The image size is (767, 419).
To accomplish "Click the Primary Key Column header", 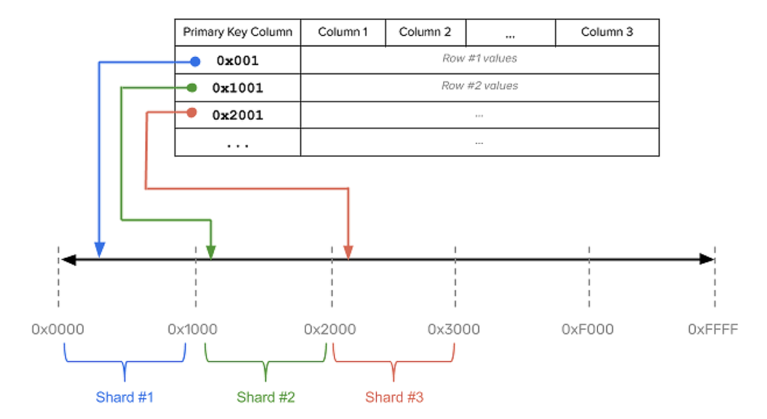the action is click(x=237, y=32).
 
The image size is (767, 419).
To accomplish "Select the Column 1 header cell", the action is click(x=342, y=32).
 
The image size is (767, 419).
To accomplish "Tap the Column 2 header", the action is click(x=425, y=32).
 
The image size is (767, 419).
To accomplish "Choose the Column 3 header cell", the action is click(x=607, y=32).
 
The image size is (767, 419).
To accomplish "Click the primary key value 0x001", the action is click(x=237, y=61).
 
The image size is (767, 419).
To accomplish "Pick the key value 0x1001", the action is click(x=237, y=88).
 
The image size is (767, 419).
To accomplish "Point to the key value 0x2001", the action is click(x=237, y=115).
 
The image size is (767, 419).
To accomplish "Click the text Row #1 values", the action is click(x=479, y=58).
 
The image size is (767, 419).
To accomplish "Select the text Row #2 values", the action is click(x=479, y=85).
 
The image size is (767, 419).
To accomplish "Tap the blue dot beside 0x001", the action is click(x=195, y=61).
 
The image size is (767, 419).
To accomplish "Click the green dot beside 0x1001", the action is click(x=192, y=88).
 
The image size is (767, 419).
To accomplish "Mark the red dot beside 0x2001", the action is click(x=192, y=113).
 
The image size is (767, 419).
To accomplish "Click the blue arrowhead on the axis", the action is click(x=100, y=250).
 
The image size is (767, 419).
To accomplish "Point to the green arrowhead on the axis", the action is click(x=210, y=252).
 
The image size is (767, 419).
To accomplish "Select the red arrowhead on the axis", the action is click(x=348, y=252).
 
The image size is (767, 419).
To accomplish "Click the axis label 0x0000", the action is click(x=58, y=329).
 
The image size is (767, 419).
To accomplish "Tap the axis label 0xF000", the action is click(x=587, y=329).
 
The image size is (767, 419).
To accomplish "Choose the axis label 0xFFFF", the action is click(x=713, y=329).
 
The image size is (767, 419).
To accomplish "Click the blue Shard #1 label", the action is click(x=125, y=397).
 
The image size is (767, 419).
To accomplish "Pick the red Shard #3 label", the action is click(x=394, y=397).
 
